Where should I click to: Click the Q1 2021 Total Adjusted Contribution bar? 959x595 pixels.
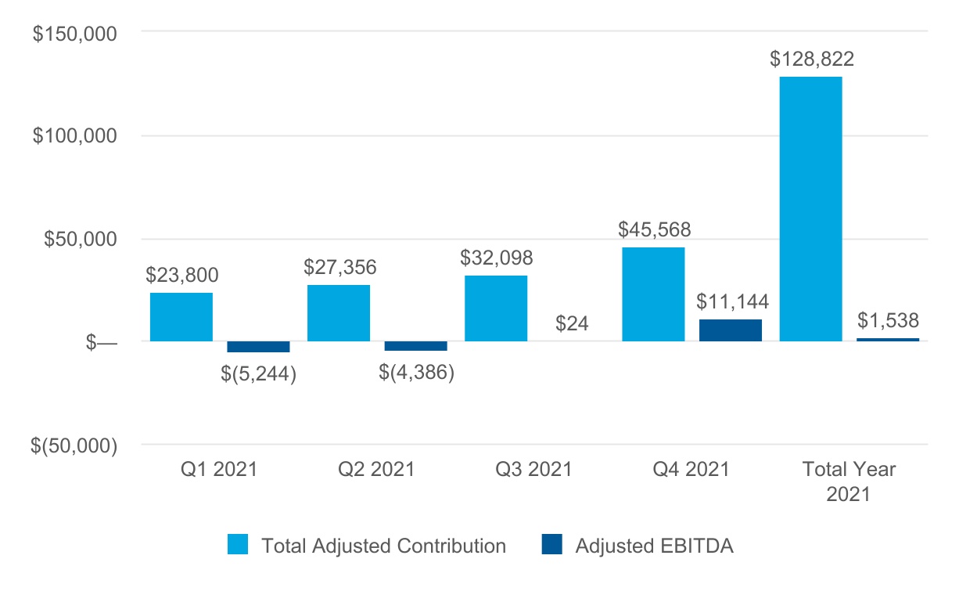coord(181,317)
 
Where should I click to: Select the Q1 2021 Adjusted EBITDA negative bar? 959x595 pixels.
coord(258,347)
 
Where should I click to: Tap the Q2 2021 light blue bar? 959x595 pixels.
coord(339,313)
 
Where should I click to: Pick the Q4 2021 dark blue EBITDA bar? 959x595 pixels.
coord(731,330)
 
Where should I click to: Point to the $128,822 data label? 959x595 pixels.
coord(811,59)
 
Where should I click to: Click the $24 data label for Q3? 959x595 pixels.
coord(572,323)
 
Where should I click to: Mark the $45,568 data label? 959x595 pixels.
coord(654,229)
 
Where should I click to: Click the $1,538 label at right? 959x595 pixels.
coord(888,320)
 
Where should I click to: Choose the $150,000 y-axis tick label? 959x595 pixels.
coord(75,34)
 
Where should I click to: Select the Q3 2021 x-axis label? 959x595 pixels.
coord(534,470)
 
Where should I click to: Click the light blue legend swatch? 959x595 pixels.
coord(238,546)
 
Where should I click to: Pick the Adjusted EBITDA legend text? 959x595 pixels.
coord(654,546)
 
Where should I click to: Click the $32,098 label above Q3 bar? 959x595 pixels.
coord(497,258)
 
